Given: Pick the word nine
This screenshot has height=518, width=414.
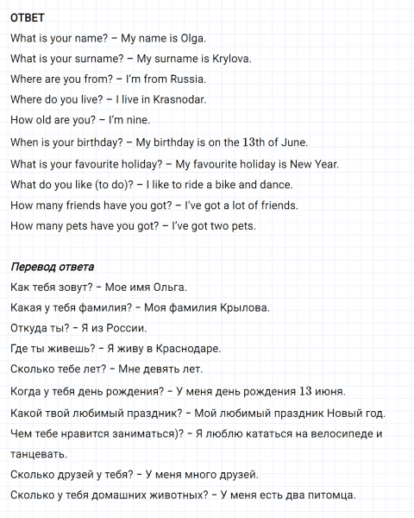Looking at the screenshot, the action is (137, 121).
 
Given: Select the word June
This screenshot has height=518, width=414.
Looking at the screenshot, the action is (293, 142).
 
